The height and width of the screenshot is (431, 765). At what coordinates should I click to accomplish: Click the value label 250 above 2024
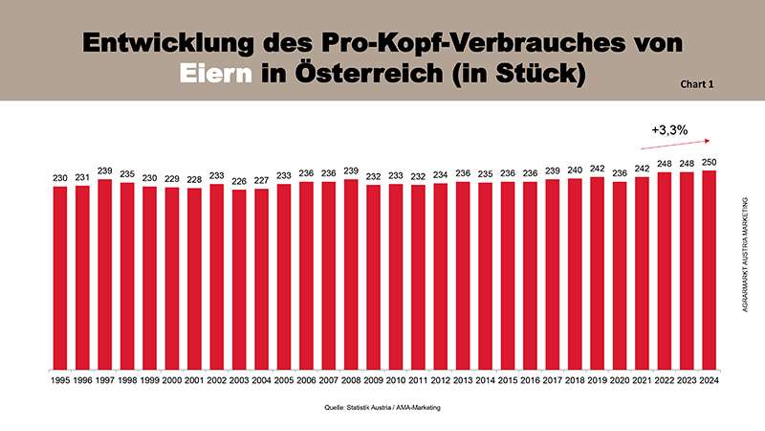point(710,163)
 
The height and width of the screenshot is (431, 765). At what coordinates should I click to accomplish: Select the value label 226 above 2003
point(239,181)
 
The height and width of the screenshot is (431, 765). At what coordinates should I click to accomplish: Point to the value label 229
point(172,179)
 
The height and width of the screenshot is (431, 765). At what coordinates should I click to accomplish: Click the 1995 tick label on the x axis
point(60,380)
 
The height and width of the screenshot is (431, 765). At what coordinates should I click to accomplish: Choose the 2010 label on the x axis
point(396,380)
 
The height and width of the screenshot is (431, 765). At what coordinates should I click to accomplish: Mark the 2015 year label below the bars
point(508,380)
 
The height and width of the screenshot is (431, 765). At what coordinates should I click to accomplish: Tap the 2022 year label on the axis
point(665,380)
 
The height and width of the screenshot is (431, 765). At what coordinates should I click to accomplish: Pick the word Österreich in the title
point(366,73)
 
